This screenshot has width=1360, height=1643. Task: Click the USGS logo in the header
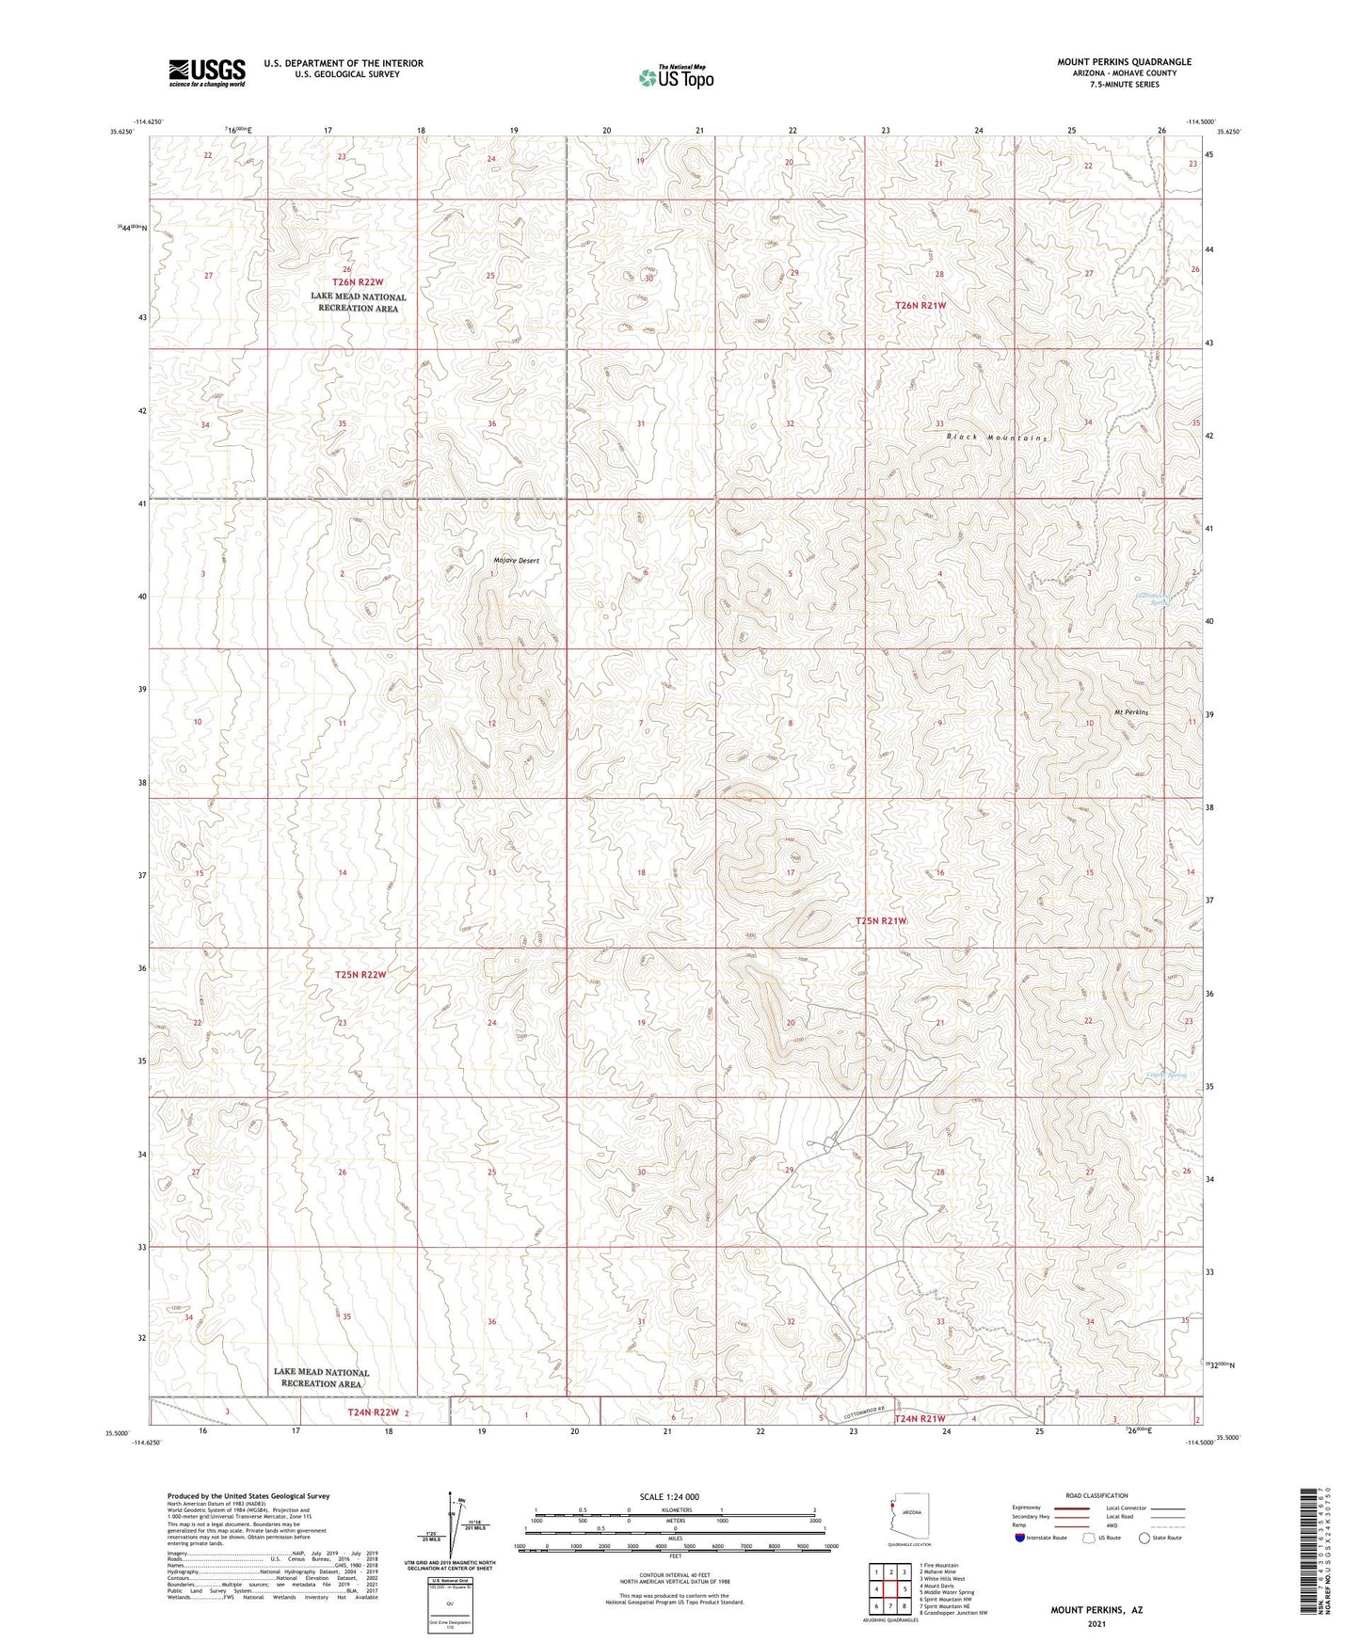[207, 72]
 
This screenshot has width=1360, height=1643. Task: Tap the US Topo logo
[676, 77]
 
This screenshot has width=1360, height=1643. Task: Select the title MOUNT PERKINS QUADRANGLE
[1124, 62]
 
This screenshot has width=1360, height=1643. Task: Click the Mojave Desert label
[517, 561]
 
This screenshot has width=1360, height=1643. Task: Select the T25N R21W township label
[881, 920]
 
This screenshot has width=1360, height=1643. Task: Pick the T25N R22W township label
[360, 975]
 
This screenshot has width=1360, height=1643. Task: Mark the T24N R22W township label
[374, 1413]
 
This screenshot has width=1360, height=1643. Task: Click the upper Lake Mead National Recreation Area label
[359, 302]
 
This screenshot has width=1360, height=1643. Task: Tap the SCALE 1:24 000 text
[669, 1497]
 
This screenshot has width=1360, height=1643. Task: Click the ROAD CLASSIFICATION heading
[1097, 1495]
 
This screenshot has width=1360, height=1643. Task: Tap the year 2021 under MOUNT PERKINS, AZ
[1096, 1623]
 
